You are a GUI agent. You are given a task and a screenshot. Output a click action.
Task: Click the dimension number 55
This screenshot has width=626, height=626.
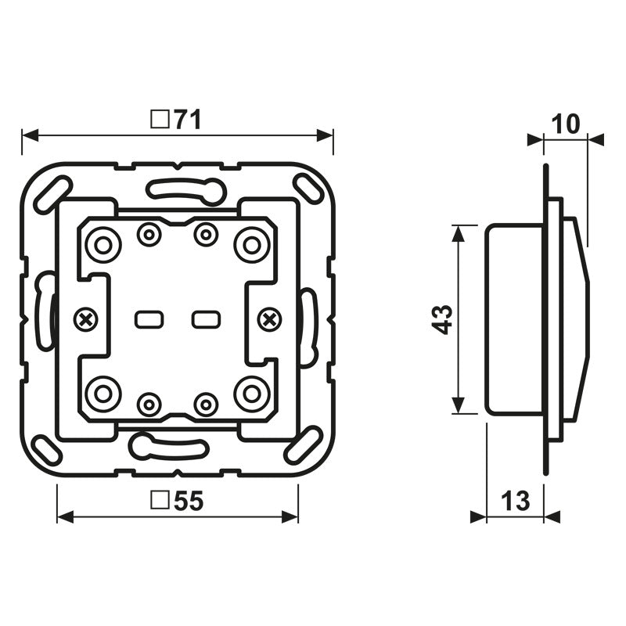[189, 502]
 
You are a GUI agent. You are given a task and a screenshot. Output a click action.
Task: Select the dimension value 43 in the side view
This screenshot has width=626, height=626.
[444, 319]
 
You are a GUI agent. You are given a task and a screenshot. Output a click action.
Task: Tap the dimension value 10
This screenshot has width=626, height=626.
[565, 124]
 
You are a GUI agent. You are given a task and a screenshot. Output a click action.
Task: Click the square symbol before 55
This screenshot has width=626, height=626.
[160, 502]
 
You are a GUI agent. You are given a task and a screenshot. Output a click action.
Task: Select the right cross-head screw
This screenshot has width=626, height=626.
[270, 318]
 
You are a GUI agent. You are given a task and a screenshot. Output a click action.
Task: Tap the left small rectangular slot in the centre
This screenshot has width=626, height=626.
[148, 319]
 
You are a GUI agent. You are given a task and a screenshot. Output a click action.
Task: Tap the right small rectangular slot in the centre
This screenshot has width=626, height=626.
[206, 319]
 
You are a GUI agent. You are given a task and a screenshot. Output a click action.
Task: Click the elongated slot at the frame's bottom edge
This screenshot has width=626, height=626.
[168, 447]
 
